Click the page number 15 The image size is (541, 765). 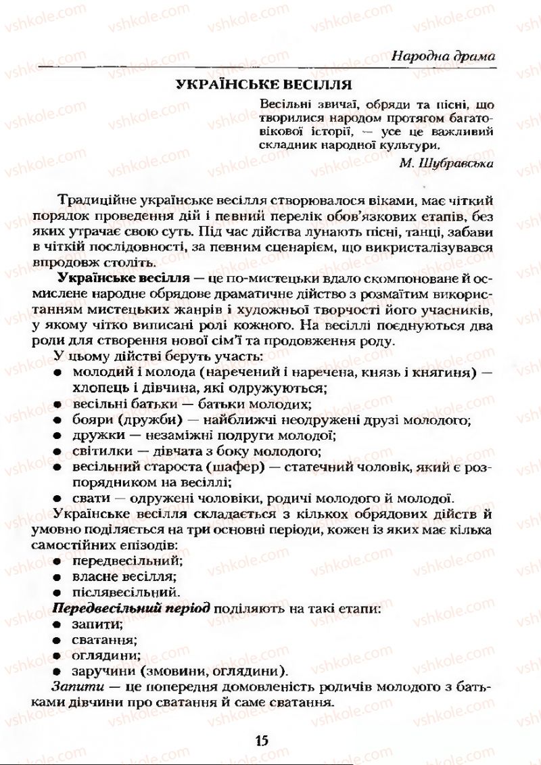click(x=262, y=739)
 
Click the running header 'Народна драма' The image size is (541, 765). click(x=443, y=56)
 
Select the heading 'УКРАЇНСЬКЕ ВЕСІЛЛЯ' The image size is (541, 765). click(x=263, y=85)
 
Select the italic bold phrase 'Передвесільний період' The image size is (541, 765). click(x=131, y=609)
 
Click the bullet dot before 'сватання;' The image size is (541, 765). click(x=59, y=640)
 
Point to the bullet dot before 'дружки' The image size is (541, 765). click(x=59, y=436)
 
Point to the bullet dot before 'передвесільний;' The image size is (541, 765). click(x=59, y=561)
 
